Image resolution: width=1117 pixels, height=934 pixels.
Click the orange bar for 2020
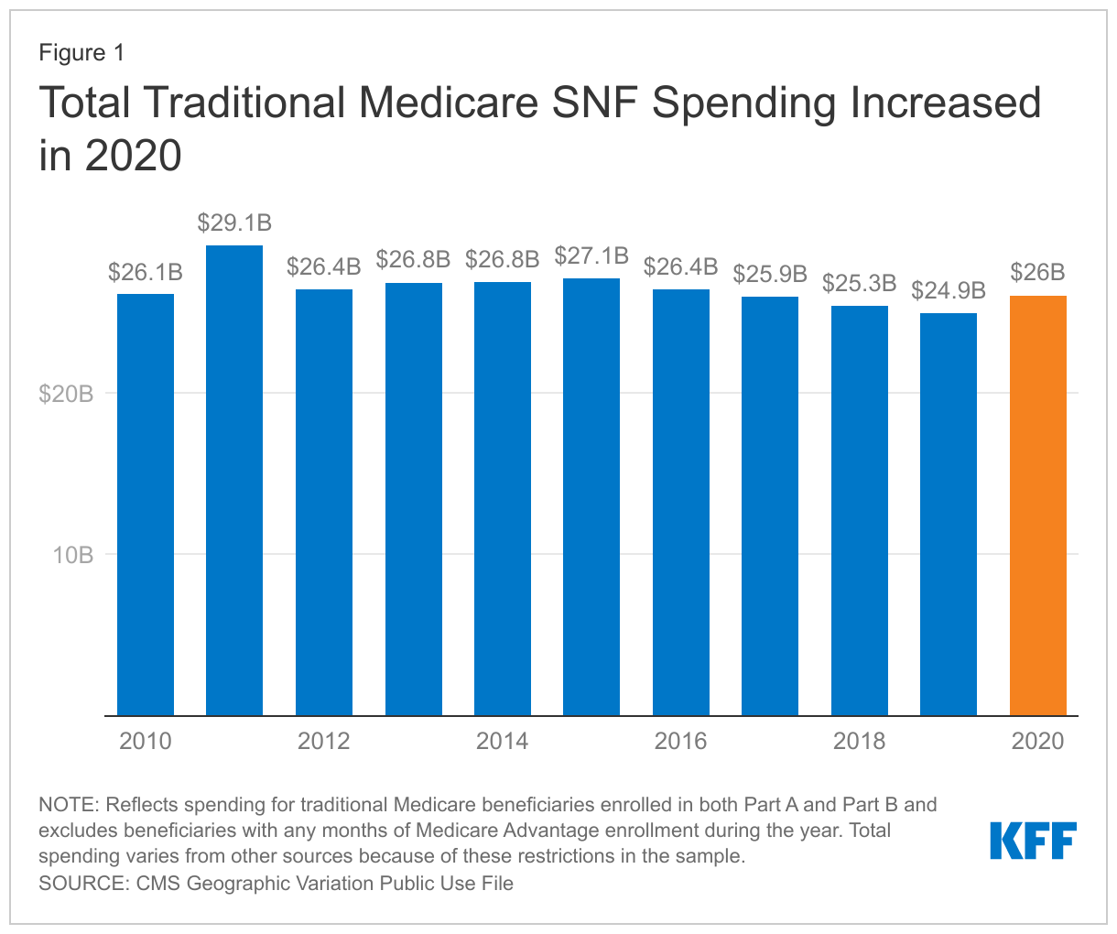[1037, 505]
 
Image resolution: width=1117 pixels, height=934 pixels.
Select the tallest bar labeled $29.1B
[234, 480]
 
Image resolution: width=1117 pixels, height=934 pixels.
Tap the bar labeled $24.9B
[949, 514]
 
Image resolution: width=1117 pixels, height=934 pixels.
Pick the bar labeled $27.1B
[591, 496]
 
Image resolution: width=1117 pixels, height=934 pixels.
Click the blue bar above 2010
[146, 504]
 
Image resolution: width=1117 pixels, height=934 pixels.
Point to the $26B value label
[1037, 272]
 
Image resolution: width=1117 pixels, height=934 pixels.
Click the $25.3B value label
[859, 283]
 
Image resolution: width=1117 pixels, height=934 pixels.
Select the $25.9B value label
[770, 273]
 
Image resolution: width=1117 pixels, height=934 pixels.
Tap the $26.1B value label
[146, 272]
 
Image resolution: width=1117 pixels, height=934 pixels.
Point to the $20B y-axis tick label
[66, 395]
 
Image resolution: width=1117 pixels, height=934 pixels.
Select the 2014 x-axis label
[502, 741]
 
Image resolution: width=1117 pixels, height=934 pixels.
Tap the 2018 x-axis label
[859, 741]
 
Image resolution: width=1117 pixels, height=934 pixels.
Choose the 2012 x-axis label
[324, 741]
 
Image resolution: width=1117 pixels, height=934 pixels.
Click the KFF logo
[1033, 841]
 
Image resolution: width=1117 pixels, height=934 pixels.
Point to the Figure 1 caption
[81, 53]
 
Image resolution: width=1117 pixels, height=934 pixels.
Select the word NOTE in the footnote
[69, 805]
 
